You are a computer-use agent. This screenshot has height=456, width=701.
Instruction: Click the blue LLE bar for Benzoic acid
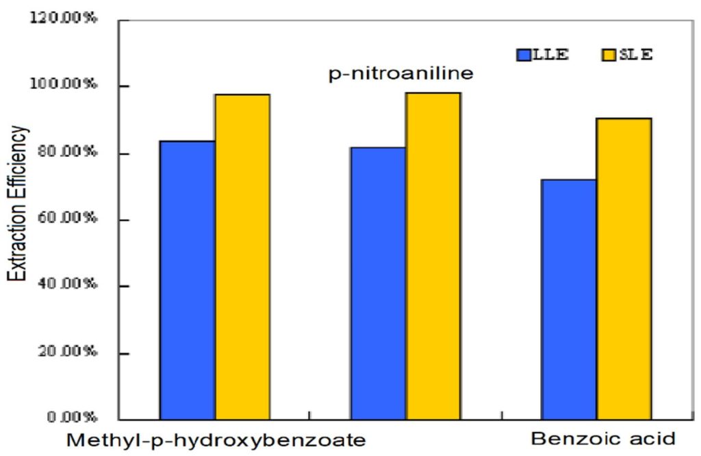click(x=568, y=299)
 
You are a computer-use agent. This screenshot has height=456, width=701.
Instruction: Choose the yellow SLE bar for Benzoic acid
click(x=623, y=268)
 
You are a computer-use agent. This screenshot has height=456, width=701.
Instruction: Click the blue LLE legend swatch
click(x=524, y=55)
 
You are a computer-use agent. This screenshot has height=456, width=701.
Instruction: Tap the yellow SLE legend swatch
click(x=608, y=55)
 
